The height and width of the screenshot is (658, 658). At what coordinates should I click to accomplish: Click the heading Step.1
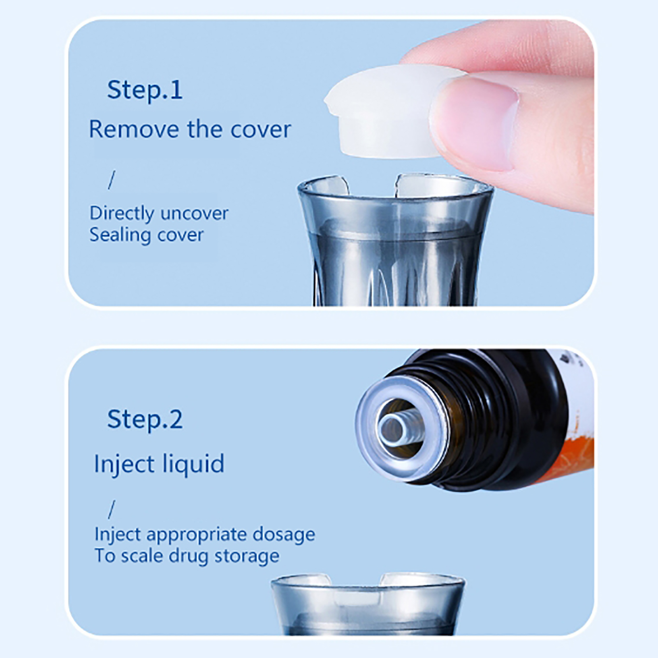coord(145,90)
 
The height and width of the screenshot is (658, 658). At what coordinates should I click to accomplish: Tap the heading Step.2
coord(145,419)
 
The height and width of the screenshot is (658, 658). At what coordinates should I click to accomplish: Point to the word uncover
coord(194,213)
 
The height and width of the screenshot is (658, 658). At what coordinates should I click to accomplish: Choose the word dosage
coord(284,535)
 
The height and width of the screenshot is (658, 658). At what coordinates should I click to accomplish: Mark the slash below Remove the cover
coord(111,180)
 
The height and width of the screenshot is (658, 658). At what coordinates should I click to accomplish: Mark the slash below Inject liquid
coord(111,510)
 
